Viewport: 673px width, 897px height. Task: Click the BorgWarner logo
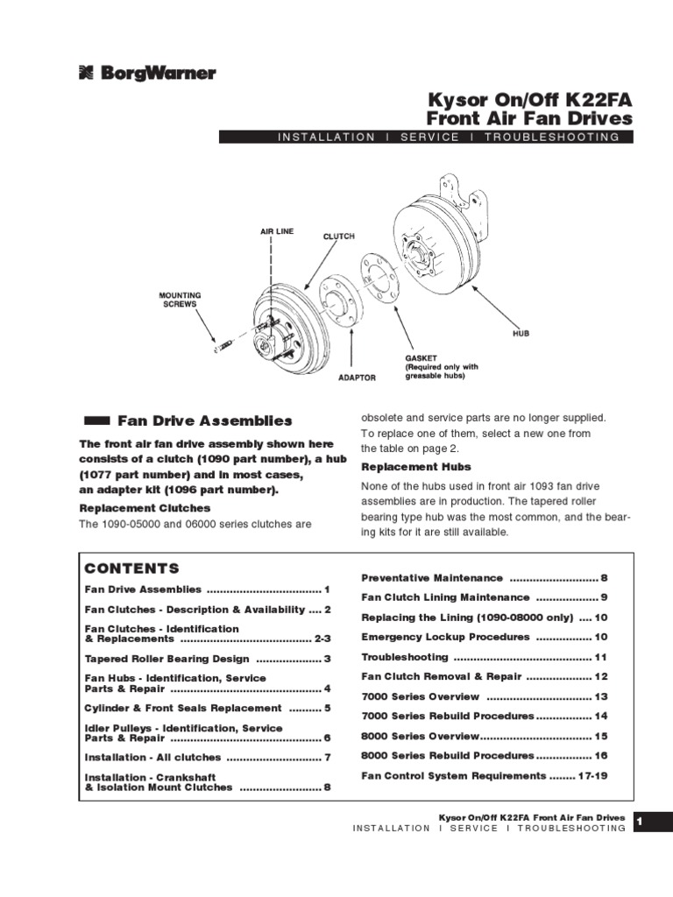tap(146, 74)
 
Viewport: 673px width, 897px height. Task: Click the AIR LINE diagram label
tap(276, 231)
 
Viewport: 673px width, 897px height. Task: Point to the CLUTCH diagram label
tap(339, 237)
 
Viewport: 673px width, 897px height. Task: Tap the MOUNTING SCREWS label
tap(180, 300)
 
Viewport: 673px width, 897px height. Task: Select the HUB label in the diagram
tap(521, 333)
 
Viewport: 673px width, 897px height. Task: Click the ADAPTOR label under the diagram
tap(357, 378)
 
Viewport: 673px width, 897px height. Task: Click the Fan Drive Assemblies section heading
tap(205, 420)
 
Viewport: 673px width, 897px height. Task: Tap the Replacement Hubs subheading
tap(416, 467)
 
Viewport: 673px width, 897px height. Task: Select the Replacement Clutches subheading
tap(145, 507)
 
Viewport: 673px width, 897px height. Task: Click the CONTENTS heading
tap(131, 569)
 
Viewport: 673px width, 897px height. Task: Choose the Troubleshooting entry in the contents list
tap(405, 657)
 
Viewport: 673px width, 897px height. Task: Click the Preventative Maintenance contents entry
tap(433, 578)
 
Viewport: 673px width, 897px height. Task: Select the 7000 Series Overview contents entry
tap(421, 696)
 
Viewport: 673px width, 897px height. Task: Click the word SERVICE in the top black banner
tap(429, 138)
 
